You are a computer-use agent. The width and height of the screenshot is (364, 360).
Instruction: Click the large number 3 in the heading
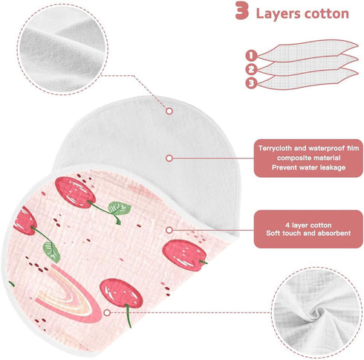click(x=242, y=10)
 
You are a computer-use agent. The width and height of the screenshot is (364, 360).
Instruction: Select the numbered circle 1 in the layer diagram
click(x=251, y=56)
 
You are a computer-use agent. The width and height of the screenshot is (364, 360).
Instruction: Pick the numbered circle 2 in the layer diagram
click(x=251, y=69)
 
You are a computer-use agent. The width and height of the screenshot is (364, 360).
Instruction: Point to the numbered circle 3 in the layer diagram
click(x=251, y=83)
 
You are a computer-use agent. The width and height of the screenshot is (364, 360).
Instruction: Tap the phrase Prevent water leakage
click(x=308, y=167)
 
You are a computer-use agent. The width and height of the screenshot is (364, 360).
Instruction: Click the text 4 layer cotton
click(x=308, y=225)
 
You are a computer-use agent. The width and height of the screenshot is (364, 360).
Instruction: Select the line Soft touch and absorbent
click(x=308, y=233)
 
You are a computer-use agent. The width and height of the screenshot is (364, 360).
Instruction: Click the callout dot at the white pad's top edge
click(x=169, y=111)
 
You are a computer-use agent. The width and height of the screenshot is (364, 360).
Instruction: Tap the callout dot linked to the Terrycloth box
click(x=169, y=158)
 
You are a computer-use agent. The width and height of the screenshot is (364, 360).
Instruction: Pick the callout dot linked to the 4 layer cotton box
click(x=169, y=230)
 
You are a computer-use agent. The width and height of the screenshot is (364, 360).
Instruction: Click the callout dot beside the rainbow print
click(x=107, y=312)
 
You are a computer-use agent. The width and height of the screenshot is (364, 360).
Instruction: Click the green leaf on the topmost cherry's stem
click(x=120, y=208)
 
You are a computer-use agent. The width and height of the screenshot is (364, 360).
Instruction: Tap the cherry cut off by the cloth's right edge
click(x=184, y=255)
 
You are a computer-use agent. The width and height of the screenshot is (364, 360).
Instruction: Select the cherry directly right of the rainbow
click(x=121, y=293)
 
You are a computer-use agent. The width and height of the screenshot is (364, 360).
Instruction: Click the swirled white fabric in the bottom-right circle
click(x=316, y=312)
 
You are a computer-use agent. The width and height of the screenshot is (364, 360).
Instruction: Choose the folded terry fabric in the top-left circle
click(x=62, y=49)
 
